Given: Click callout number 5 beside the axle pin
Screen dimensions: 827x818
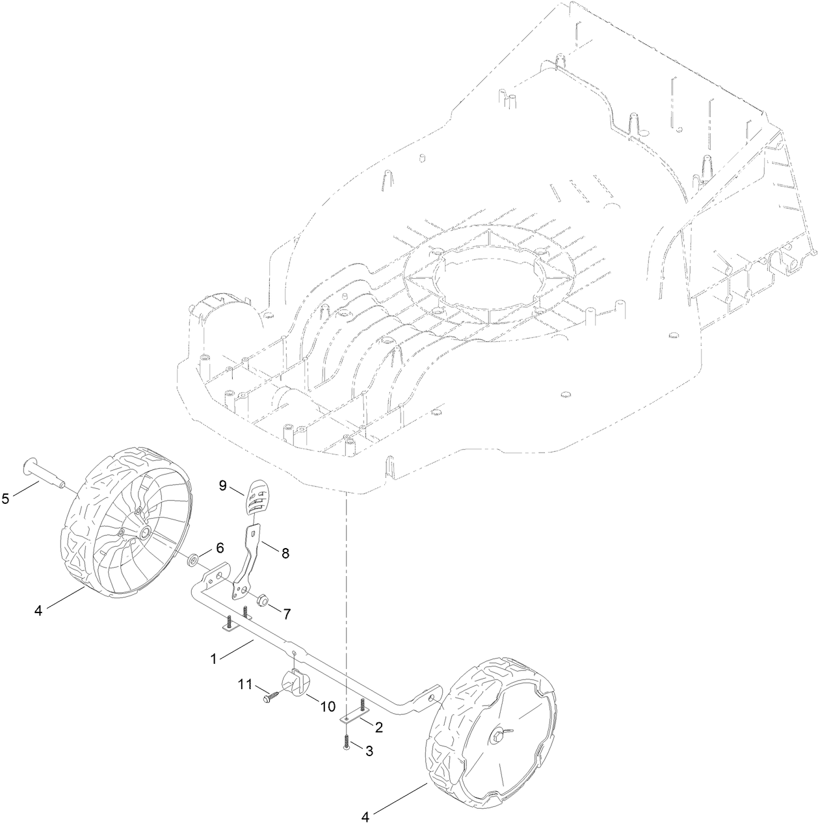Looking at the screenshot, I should (x=6, y=499).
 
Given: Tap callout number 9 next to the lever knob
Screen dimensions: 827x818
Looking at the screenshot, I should (x=222, y=485).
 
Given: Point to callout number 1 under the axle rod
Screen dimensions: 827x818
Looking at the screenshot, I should (x=213, y=658).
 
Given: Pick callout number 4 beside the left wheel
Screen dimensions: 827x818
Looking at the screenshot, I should (x=38, y=611).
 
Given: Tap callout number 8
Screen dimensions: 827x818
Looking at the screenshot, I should (x=285, y=553).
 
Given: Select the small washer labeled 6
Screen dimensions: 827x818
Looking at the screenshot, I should (x=193, y=559).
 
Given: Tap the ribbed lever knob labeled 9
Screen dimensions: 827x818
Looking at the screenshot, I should (x=256, y=497).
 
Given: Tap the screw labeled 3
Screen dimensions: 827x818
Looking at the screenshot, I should (x=345, y=742).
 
